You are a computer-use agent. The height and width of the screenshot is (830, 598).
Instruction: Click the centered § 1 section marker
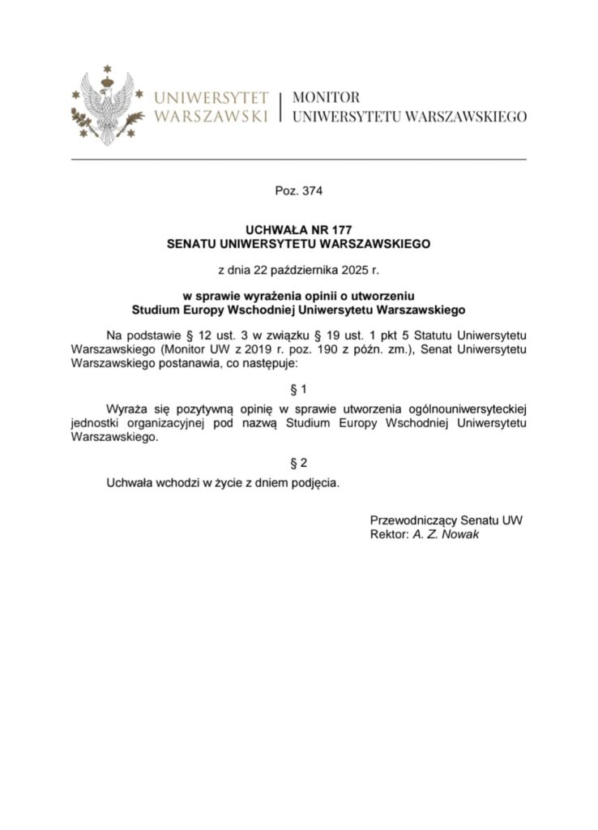click(299, 388)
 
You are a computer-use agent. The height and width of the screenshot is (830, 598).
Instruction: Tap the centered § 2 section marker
click(299, 463)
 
